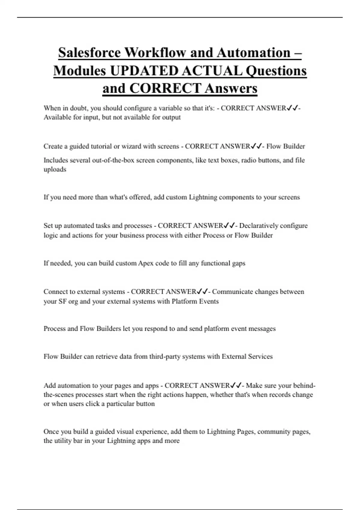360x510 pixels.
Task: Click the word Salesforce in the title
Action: click(89, 52)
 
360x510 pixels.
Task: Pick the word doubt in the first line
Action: click(79, 108)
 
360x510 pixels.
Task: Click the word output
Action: click(171, 117)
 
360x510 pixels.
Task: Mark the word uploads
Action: click(55, 169)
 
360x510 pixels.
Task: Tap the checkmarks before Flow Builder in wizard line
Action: click(256, 146)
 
